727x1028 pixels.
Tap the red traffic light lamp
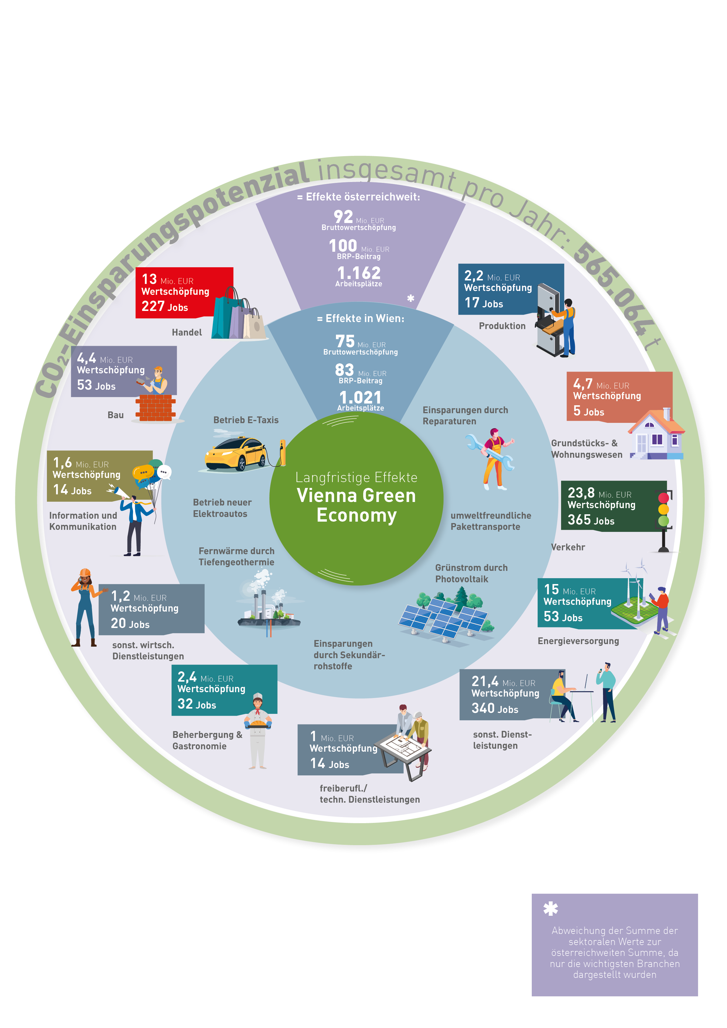[663, 497]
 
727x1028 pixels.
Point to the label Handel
[187, 332]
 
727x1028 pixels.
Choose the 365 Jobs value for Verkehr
[591, 520]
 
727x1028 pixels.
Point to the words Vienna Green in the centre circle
[356, 496]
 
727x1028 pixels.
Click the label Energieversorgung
[578, 641]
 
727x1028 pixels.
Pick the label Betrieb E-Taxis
[246, 420]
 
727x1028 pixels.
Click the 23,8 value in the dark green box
[581, 493]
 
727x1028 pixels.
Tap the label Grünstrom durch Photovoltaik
[471, 573]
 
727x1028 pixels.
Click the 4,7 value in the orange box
[583, 384]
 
